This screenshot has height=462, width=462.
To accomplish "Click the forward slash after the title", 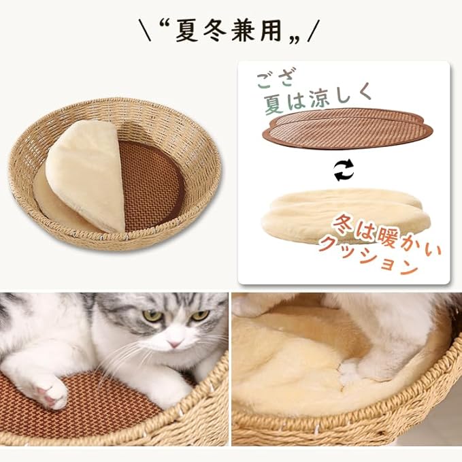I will [313, 30].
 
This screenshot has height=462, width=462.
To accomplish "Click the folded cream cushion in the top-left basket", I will [85, 174].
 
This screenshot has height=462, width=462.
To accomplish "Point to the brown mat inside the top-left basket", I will [153, 180].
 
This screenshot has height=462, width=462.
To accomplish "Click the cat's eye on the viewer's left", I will [152, 315].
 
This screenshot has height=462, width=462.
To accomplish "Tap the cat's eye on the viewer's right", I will [199, 315].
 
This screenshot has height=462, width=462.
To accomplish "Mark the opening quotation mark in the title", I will [165, 25].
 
